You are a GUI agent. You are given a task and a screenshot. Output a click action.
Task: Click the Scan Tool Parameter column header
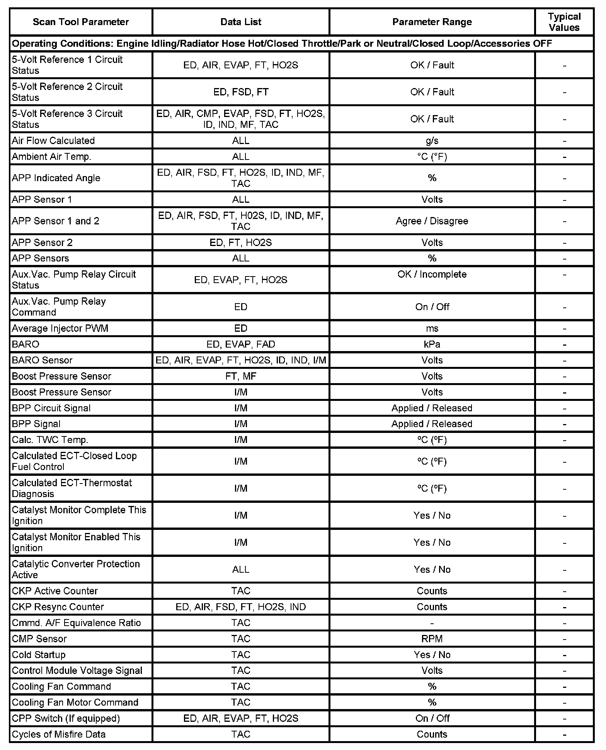[x=80, y=22]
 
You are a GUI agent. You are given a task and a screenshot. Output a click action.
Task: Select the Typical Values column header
[x=564, y=22]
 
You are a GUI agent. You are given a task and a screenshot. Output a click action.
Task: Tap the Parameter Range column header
[x=432, y=22]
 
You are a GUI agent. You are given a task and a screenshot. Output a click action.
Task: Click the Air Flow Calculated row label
[x=53, y=141]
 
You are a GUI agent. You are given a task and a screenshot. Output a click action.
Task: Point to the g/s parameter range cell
[x=432, y=141]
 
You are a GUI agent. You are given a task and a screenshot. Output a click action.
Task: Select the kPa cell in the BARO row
[x=432, y=344]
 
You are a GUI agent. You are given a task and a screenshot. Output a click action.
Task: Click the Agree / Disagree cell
[x=432, y=221]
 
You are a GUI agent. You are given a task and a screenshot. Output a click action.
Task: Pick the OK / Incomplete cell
[x=432, y=274]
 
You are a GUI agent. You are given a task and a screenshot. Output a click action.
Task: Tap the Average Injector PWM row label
[x=60, y=328]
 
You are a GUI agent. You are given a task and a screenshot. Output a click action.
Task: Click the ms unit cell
[x=432, y=328]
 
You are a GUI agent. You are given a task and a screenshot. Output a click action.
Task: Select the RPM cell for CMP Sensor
[x=432, y=639]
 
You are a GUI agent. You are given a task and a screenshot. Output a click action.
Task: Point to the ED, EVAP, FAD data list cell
[x=240, y=344]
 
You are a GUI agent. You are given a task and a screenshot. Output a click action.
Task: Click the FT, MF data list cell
[x=240, y=376]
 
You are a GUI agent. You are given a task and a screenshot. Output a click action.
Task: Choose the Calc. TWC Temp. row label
[x=50, y=440]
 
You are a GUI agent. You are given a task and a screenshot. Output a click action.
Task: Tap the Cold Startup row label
[x=39, y=655]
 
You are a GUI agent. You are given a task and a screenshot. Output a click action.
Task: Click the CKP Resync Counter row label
[x=58, y=607]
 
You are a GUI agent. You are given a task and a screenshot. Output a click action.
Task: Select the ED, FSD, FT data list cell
[x=240, y=92]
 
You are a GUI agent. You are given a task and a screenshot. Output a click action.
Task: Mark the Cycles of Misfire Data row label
[x=58, y=734]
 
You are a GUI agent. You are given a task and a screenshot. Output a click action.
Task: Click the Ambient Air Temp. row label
[x=51, y=156]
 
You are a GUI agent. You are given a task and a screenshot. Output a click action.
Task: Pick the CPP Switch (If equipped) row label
[x=66, y=718]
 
